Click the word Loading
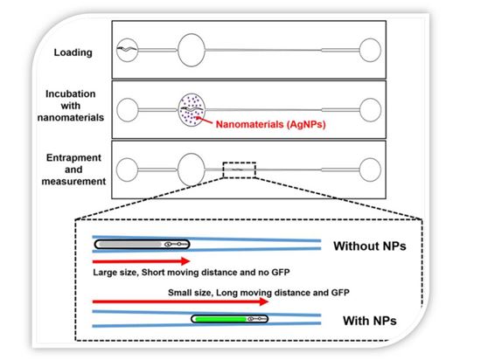pyautogui.click(x=73, y=52)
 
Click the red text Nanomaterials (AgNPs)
pyautogui.click(x=270, y=124)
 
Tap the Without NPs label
pyautogui.click(x=370, y=246)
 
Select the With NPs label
pyautogui.click(x=370, y=321)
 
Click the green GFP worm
pyautogui.click(x=230, y=319)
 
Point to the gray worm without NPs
pyautogui.click(x=142, y=244)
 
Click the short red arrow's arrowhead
pyautogui.click(x=185, y=261)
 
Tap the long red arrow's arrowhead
pyautogui.click(x=264, y=301)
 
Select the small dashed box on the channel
pyautogui.click(x=240, y=163)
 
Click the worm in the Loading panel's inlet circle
pyautogui.click(x=128, y=48)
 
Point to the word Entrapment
pyautogui.click(x=73, y=157)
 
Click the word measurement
pyautogui.click(x=73, y=182)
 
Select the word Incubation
pyautogui.click(x=71, y=93)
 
